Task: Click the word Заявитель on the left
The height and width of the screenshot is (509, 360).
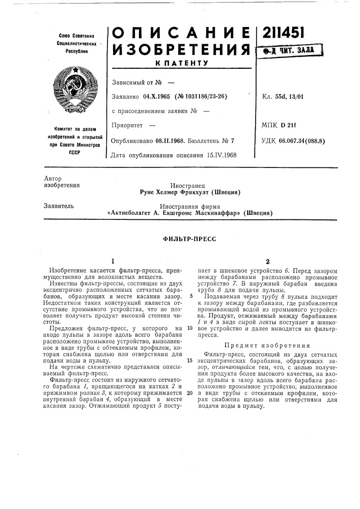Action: pos(53,207)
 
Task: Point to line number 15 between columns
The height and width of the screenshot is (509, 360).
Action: pos(189,360)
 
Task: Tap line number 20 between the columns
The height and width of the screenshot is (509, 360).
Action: pos(189,408)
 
